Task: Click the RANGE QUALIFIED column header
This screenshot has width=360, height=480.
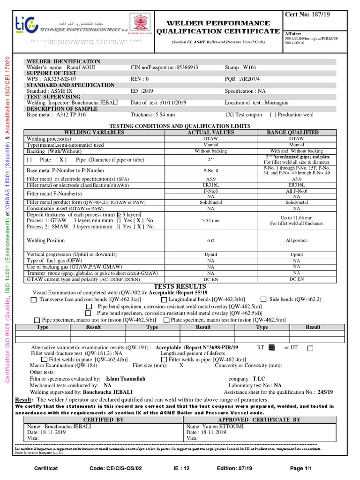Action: coord(296,133)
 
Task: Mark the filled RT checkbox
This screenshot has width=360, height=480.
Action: coord(271,347)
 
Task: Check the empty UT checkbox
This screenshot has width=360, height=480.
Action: coord(310,347)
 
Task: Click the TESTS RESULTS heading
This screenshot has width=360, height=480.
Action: coord(180,286)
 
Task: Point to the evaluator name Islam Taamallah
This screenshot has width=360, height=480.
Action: coord(126,378)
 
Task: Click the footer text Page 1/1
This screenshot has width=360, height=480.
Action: coord(300,468)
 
